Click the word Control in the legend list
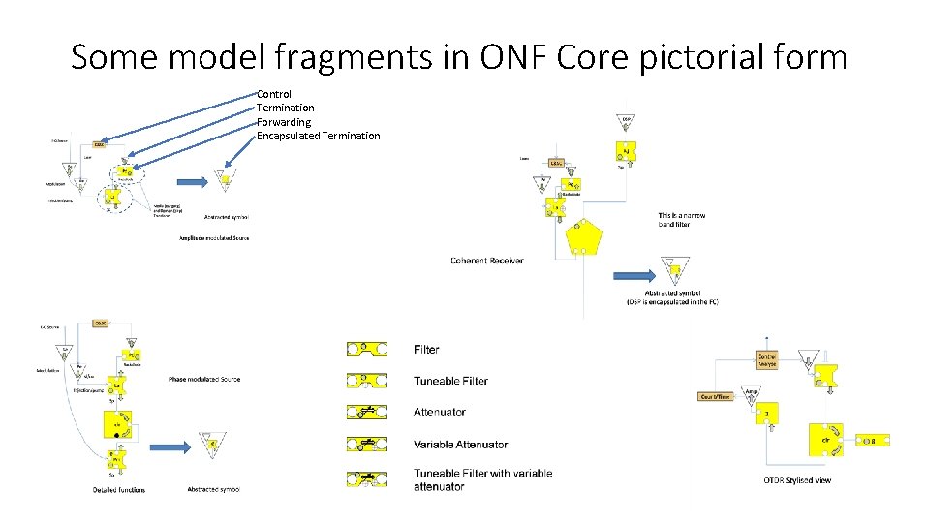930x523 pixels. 274,94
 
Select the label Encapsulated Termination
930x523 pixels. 319,136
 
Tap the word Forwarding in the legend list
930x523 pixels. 284,122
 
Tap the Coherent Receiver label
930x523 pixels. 487,261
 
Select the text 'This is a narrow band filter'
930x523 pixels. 682,220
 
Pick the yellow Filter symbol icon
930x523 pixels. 366,349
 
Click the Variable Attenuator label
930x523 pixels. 460,445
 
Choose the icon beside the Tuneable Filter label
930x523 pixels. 366,381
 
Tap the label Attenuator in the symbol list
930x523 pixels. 440,413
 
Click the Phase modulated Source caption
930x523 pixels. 203,379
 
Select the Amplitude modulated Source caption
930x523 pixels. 214,237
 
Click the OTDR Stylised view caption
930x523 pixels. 796,480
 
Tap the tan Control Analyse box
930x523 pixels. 766,359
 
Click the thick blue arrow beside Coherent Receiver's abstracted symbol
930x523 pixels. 635,276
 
